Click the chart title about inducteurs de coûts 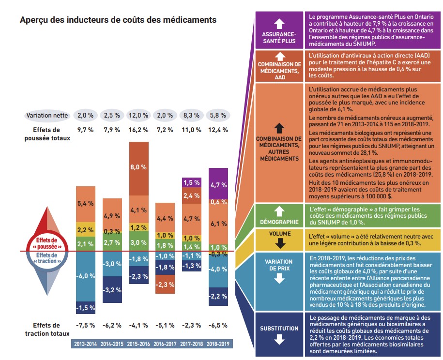pyautogui.click(x=118, y=20)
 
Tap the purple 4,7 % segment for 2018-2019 pyautogui.click(x=219, y=184)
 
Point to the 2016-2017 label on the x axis pyautogui.click(x=165, y=344)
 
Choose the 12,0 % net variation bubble pyautogui.click(x=138, y=116)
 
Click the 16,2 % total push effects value pyautogui.click(x=138, y=130)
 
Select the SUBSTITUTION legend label pyautogui.click(x=279, y=329)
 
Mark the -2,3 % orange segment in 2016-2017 pyautogui.click(x=165, y=285)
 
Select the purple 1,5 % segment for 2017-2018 pyautogui.click(x=192, y=182)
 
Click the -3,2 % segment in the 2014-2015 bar pyautogui.click(x=112, y=290)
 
